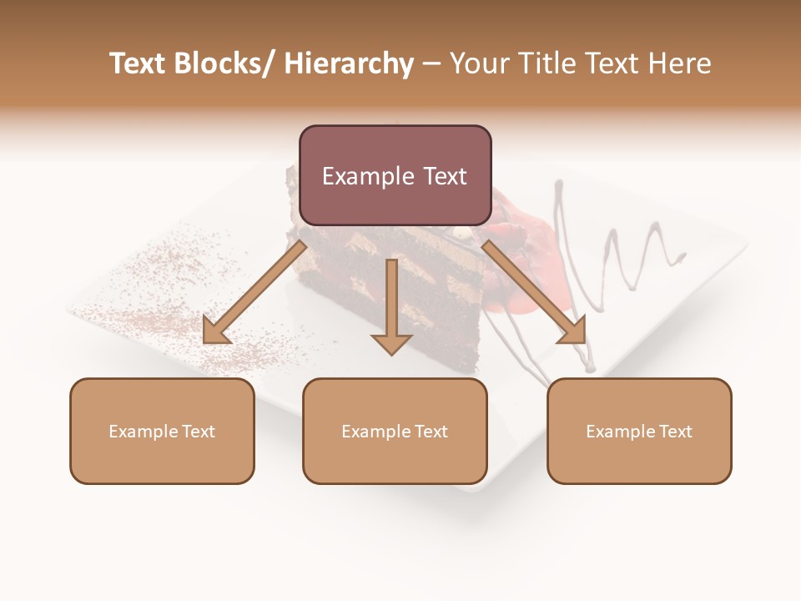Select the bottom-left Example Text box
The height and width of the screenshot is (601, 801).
(162, 432)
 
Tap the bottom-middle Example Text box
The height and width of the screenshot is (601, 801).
(395, 432)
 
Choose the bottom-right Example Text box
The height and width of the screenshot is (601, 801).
(639, 432)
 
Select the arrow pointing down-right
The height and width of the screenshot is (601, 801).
(534, 293)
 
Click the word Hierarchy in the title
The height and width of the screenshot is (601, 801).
(349, 63)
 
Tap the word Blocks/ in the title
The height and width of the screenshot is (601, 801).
(231, 63)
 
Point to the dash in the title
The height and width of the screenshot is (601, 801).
(431, 64)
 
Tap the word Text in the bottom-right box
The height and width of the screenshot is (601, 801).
(673, 432)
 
